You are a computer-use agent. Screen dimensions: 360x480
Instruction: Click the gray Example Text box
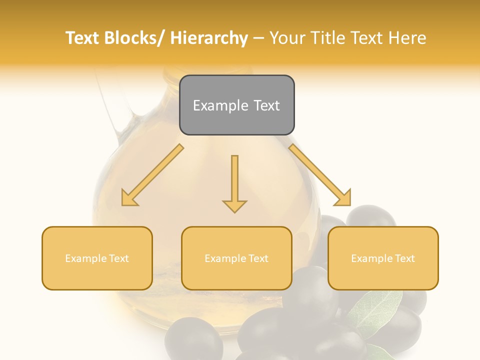[236, 105]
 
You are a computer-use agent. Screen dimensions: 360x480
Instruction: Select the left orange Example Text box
[97, 258]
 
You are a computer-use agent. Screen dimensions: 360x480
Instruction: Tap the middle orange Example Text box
[236, 258]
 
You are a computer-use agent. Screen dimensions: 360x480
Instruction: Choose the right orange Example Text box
[383, 258]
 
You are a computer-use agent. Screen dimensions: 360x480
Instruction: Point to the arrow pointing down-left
[152, 175]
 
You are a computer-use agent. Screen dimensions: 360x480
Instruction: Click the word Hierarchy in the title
[209, 38]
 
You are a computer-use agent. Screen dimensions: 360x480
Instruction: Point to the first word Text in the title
[83, 38]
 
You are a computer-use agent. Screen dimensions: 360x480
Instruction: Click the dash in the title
[258, 38]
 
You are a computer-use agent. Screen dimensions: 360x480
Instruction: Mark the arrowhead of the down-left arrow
[129, 198]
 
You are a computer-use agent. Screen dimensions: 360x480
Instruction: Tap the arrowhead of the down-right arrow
[343, 198]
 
